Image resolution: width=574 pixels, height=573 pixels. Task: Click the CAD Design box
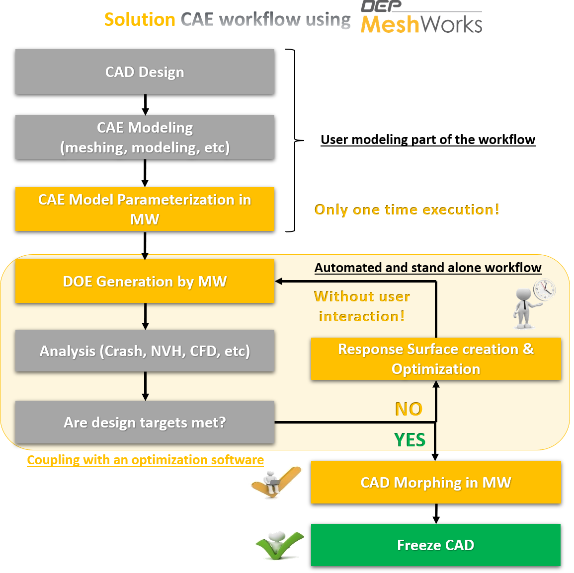point(145,72)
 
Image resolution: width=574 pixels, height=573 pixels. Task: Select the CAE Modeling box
point(145,137)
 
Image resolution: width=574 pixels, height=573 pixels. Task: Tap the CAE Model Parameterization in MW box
point(145,209)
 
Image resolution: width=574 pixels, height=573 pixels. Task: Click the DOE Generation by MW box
point(145,281)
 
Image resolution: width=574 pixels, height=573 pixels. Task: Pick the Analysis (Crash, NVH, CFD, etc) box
point(145,351)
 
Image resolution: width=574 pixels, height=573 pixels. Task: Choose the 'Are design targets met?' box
point(145,422)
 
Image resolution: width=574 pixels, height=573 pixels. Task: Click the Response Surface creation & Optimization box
point(436,358)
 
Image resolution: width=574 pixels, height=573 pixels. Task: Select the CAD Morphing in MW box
point(436,482)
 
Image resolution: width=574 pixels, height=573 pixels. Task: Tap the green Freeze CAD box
point(436,545)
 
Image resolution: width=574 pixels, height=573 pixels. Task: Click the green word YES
point(410,440)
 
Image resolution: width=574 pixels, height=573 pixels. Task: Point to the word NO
point(408,409)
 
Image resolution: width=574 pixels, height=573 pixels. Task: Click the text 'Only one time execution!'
point(407,210)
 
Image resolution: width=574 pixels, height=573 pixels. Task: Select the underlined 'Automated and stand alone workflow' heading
point(428,268)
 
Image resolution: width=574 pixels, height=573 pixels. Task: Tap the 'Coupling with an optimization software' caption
point(145,460)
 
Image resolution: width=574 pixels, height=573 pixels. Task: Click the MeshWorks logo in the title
point(421,20)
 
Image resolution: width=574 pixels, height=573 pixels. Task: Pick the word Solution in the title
point(140,20)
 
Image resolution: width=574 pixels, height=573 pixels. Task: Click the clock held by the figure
point(545,289)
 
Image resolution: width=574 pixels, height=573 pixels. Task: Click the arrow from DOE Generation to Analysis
point(145,316)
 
